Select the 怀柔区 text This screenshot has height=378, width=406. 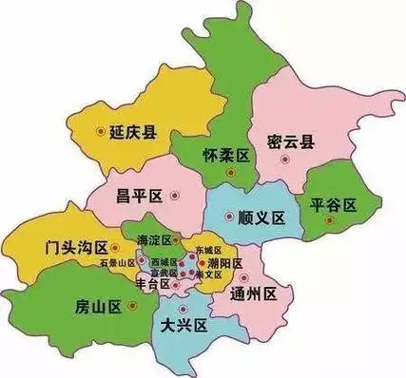226,155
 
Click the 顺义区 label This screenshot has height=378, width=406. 262,217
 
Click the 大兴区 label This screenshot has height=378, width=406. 184,326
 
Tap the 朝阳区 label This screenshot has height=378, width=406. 225,262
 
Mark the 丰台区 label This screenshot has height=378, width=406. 153,282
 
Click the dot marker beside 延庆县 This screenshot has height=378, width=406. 102,133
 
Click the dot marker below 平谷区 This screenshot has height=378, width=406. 329,221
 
